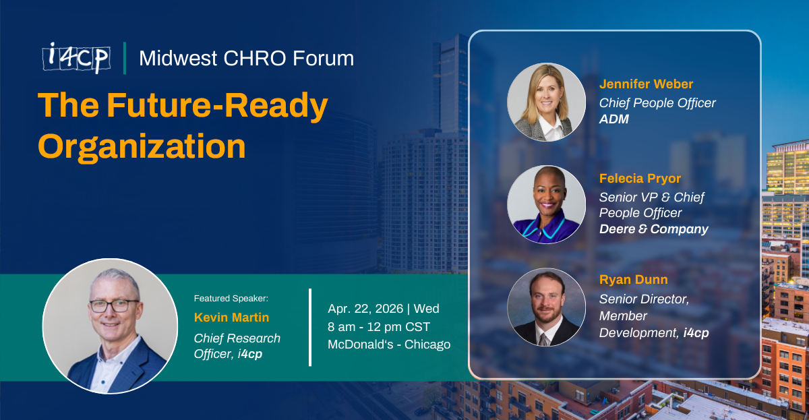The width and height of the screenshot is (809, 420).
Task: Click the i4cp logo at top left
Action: pyautogui.click(x=76, y=58)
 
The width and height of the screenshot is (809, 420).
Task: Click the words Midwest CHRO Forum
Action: pyautogui.click(x=246, y=58)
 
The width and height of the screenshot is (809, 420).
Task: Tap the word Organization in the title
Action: pyautogui.click(x=142, y=146)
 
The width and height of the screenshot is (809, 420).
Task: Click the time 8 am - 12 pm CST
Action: pyautogui.click(x=379, y=327)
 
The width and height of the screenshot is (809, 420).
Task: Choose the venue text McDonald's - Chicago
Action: pyautogui.click(x=389, y=344)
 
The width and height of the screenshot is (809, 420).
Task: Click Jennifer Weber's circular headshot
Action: pyautogui.click(x=546, y=102)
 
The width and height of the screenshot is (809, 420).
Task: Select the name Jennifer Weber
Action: pyautogui.click(x=646, y=84)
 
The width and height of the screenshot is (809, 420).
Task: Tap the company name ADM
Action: pyautogui.click(x=615, y=119)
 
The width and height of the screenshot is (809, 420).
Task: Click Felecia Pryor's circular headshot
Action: pyautogui.click(x=546, y=204)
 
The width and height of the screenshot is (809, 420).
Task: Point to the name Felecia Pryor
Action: pyautogui.click(x=640, y=179)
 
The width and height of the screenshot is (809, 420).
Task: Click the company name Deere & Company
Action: pyautogui.click(x=653, y=229)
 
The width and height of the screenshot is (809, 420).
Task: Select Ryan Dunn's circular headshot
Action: pyautogui.click(x=546, y=307)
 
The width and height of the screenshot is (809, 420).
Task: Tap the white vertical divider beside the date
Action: pyautogui.click(x=310, y=327)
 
